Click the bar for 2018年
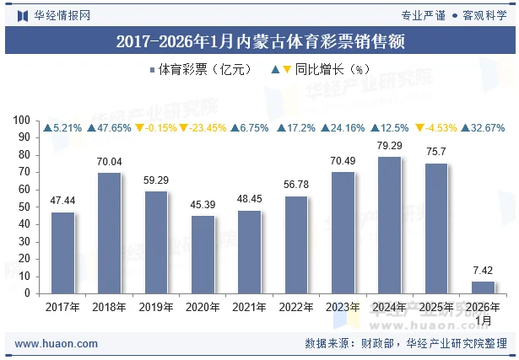click(x=110, y=234)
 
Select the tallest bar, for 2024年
click(x=389, y=225)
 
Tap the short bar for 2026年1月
click(x=483, y=287)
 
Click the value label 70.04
click(x=110, y=162)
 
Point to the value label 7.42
click(x=483, y=271)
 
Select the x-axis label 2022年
click(x=296, y=308)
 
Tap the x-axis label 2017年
click(x=63, y=308)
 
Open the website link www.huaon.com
click(x=57, y=344)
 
